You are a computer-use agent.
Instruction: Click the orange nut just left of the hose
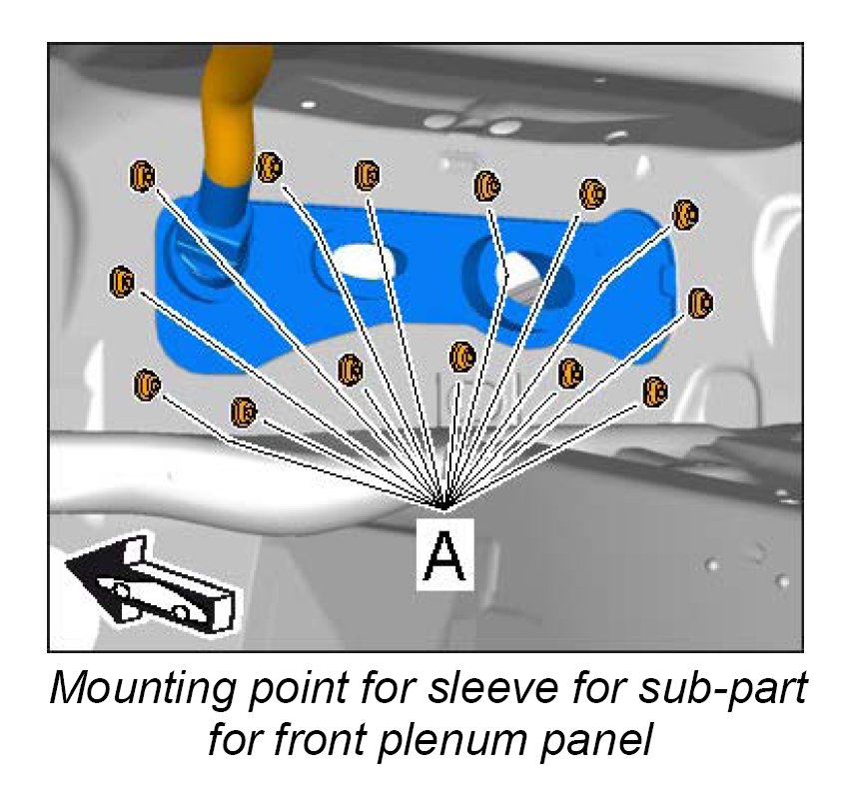143,176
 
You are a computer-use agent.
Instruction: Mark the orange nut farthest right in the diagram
701,303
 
